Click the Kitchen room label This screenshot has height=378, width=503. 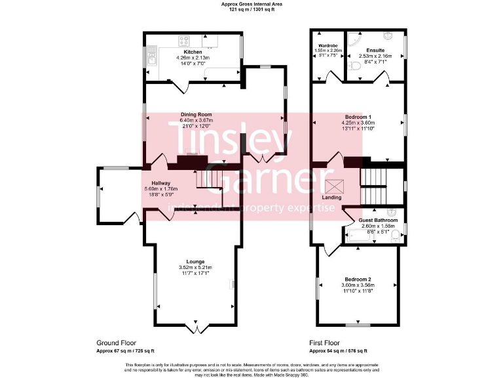[193, 52]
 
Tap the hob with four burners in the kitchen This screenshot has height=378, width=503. [183, 41]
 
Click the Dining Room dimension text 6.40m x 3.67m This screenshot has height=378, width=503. [196, 121]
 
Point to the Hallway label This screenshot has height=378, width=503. [161, 183]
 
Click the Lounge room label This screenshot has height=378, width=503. [195, 261]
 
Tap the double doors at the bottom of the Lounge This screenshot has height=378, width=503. [195, 326]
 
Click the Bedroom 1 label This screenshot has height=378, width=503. [358, 116]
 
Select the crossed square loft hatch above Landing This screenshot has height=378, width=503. [332, 186]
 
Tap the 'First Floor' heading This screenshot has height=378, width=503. [324, 343]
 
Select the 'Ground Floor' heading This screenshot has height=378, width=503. [116, 343]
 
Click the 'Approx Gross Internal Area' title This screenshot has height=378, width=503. [251, 4]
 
